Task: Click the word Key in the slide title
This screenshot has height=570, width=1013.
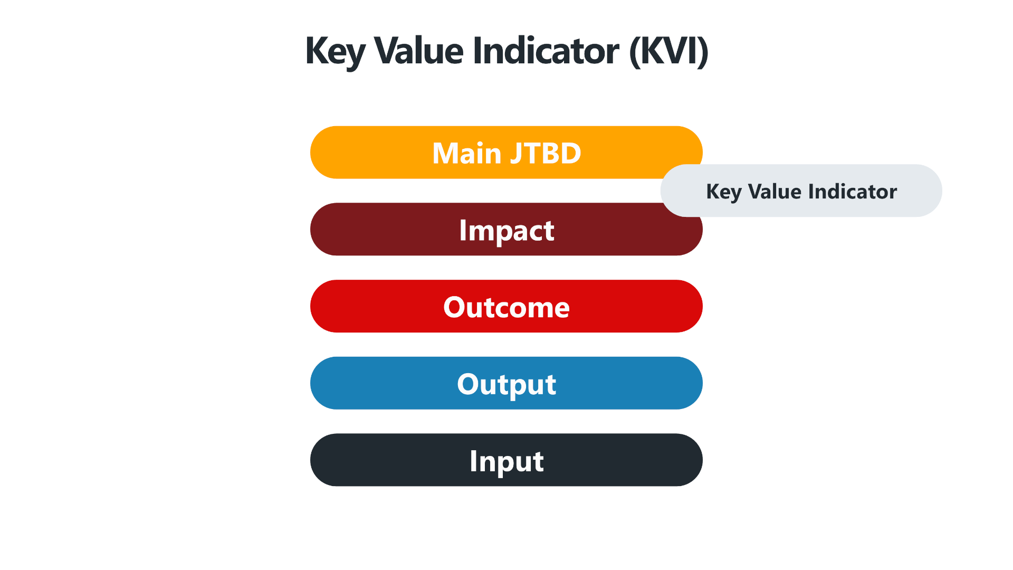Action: (335, 52)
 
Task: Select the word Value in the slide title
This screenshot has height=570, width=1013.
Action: (419, 51)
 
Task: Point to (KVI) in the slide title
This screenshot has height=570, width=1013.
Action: (668, 51)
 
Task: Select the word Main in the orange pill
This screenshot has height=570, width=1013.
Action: (466, 153)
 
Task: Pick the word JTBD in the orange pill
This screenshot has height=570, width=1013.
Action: (546, 154)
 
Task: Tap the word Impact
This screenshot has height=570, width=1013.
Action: (506, 231)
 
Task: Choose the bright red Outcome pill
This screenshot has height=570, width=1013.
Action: (506, 306)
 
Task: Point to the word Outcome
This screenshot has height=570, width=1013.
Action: (506, 307)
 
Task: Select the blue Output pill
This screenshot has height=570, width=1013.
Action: (506, 383)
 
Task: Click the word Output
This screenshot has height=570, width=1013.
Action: (506, 385)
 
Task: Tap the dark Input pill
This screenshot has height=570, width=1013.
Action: (506, 460)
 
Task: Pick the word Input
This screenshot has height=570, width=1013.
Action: (506, 462)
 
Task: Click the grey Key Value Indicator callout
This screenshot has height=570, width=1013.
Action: (801, 191)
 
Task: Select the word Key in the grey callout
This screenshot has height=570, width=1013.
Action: (724, 192)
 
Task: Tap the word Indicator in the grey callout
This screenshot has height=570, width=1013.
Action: (853, 191)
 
